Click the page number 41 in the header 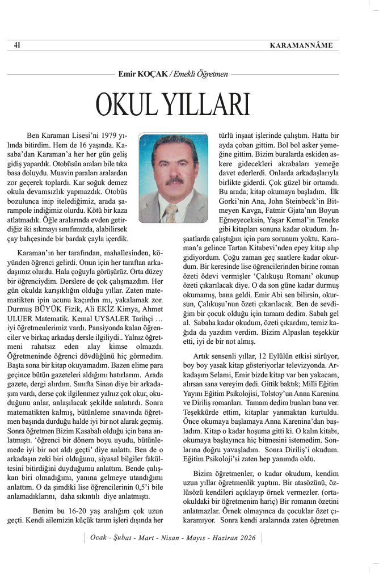[17, 45]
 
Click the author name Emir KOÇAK [142, 73]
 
